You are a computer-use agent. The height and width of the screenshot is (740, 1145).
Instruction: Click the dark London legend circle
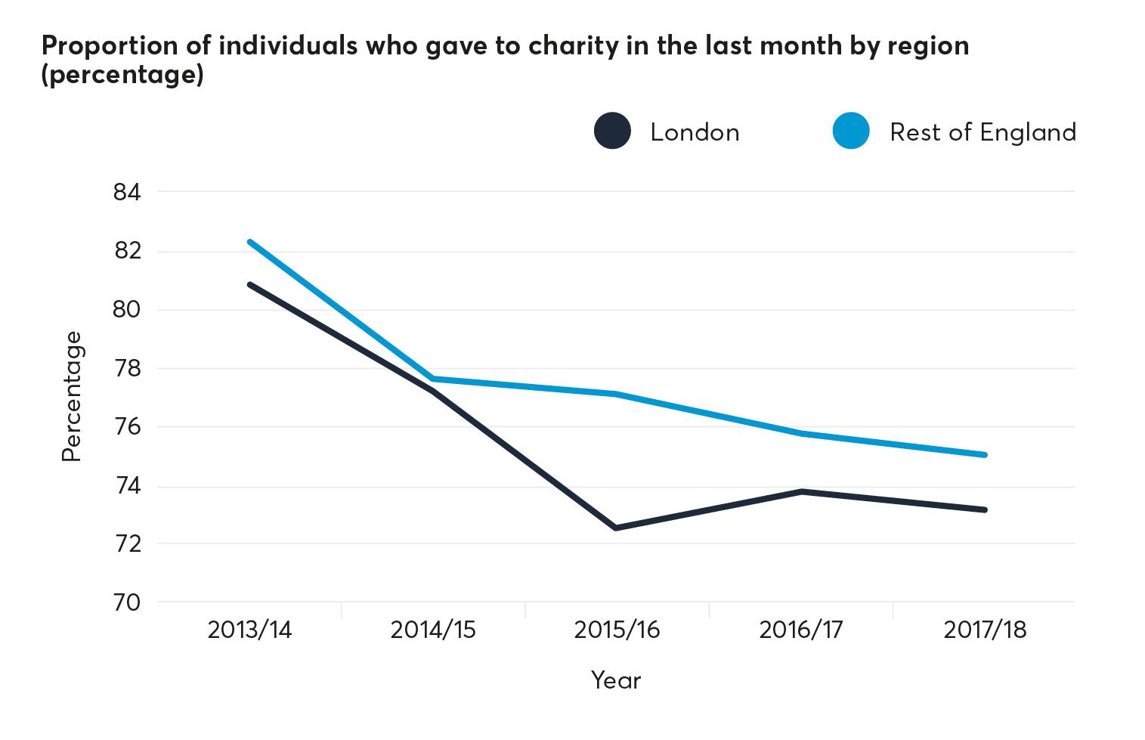[612, 132]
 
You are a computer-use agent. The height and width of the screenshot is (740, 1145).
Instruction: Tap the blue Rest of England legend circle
[851, 132]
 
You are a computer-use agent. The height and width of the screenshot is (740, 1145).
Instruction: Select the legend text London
[695, 132]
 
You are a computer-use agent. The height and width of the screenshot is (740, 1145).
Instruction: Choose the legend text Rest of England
[983, 132]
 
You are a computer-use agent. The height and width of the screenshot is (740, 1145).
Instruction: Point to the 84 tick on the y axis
[127, 193]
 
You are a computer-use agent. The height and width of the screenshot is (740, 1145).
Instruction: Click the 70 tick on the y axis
[127, 602]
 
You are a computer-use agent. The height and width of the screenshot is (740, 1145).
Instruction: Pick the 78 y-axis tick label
[127, 369]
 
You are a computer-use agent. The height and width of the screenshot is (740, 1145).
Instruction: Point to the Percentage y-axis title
[71, 396]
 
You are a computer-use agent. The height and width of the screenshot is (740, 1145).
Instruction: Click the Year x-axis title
[616, 680]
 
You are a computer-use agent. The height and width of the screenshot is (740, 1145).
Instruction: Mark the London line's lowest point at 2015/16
[616, 528]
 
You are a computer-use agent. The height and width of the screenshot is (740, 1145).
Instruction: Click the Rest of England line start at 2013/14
[249, 242]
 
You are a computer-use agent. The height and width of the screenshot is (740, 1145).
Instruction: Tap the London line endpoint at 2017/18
[985, 509]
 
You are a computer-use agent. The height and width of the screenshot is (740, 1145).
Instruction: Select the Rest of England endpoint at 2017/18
[985, 454]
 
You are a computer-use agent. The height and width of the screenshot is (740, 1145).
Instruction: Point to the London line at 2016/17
[801, 491]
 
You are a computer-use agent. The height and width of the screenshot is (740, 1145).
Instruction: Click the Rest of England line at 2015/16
[616, 394]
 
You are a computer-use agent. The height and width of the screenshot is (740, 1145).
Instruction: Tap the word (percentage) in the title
[122, 76]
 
